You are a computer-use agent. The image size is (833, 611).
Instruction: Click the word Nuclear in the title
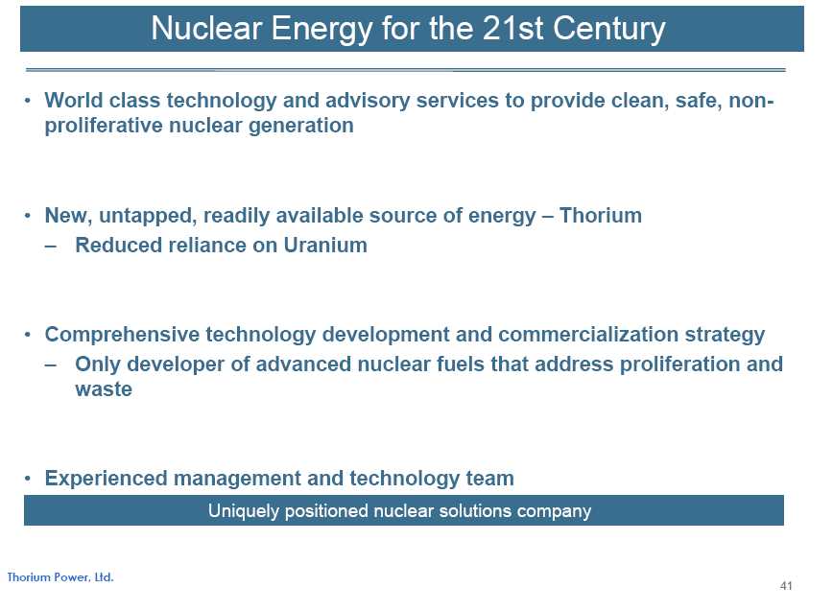click(x=206, y=28)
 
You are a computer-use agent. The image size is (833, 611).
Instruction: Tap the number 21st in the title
click(x=512, y=28)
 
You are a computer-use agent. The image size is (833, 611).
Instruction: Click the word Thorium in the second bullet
click(x=601, y=216)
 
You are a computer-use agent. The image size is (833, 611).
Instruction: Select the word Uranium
click(x=325, y=246)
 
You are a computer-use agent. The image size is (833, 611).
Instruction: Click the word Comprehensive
click(x=122, y=335)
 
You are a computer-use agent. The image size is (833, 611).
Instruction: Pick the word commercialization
click(x=588, y=335)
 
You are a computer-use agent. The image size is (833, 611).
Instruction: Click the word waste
click(x=104, y=389)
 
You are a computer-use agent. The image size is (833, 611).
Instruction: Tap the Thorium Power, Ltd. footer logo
click(x=60, y=577)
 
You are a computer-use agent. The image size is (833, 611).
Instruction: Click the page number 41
click(x=786, y=585)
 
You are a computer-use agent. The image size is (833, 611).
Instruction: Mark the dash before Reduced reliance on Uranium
click(x=51, y=247)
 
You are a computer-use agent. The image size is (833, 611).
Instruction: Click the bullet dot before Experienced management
click(x=28, y=479)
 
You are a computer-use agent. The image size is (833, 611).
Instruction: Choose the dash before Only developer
click(x=51, y=365)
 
